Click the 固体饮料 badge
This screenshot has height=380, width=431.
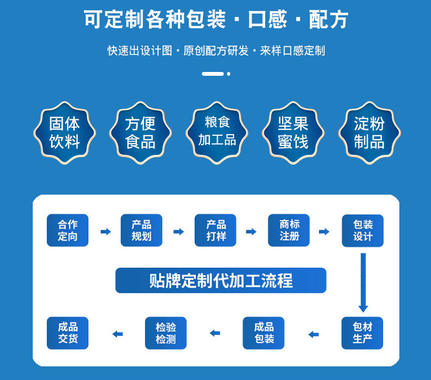[64, 133]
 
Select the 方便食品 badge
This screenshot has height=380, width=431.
[140, 133]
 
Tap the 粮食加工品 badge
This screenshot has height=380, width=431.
[217, 133]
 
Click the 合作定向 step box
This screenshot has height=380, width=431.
[68, 231]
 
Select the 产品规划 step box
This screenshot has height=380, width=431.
[141, 231]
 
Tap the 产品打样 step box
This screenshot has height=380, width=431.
[216, 231]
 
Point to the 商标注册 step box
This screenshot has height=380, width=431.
[289, 231]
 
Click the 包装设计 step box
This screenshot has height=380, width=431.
[363, 231]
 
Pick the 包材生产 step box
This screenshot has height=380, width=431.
[363, 333]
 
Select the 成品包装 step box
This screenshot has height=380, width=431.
[264, 333]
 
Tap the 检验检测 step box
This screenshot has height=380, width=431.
[166, 333]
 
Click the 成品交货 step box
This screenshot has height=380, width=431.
[68, 333]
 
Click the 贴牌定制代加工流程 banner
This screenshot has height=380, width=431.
[221, 281]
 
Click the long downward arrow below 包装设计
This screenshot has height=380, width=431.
[363, 283]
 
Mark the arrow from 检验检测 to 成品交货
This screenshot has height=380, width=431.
[117, 334]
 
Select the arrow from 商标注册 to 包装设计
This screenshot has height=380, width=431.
[325, 232]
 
